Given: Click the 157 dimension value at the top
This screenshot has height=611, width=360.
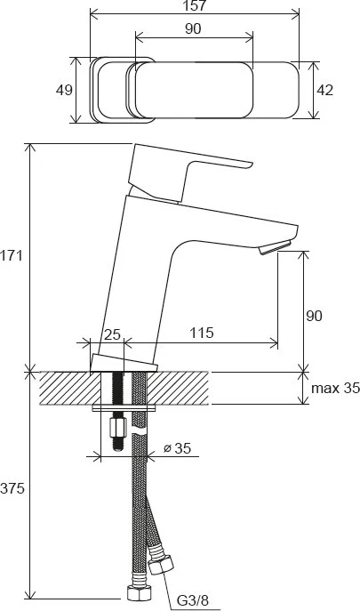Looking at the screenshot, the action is pyautogui.click(x=195, y=5).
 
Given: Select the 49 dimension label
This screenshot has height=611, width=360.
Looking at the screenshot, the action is pyautogui.click(x=64, y=90).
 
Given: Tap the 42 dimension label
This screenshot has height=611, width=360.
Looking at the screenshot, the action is pyautogui.click(x=325, y=90).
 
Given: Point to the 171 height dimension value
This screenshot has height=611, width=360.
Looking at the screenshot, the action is pyautogui.click(x=12, y=256).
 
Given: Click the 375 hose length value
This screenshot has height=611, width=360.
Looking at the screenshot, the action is pyautogui.click(x=12, y=488).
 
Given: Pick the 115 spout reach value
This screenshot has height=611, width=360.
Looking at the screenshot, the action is pyautogui.click(x=202, y=333).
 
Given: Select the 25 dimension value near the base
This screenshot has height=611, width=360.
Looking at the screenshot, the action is pyautogui.click(x=113, y=334).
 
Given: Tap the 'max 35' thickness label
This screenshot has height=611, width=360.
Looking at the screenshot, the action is pyautogui.click(x=335, y=388).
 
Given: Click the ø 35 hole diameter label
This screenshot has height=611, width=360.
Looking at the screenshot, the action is pyautogui.click(x=177, y=448).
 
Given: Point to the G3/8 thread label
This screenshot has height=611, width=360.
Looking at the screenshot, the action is pyautogui.click(x=193, y=600).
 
